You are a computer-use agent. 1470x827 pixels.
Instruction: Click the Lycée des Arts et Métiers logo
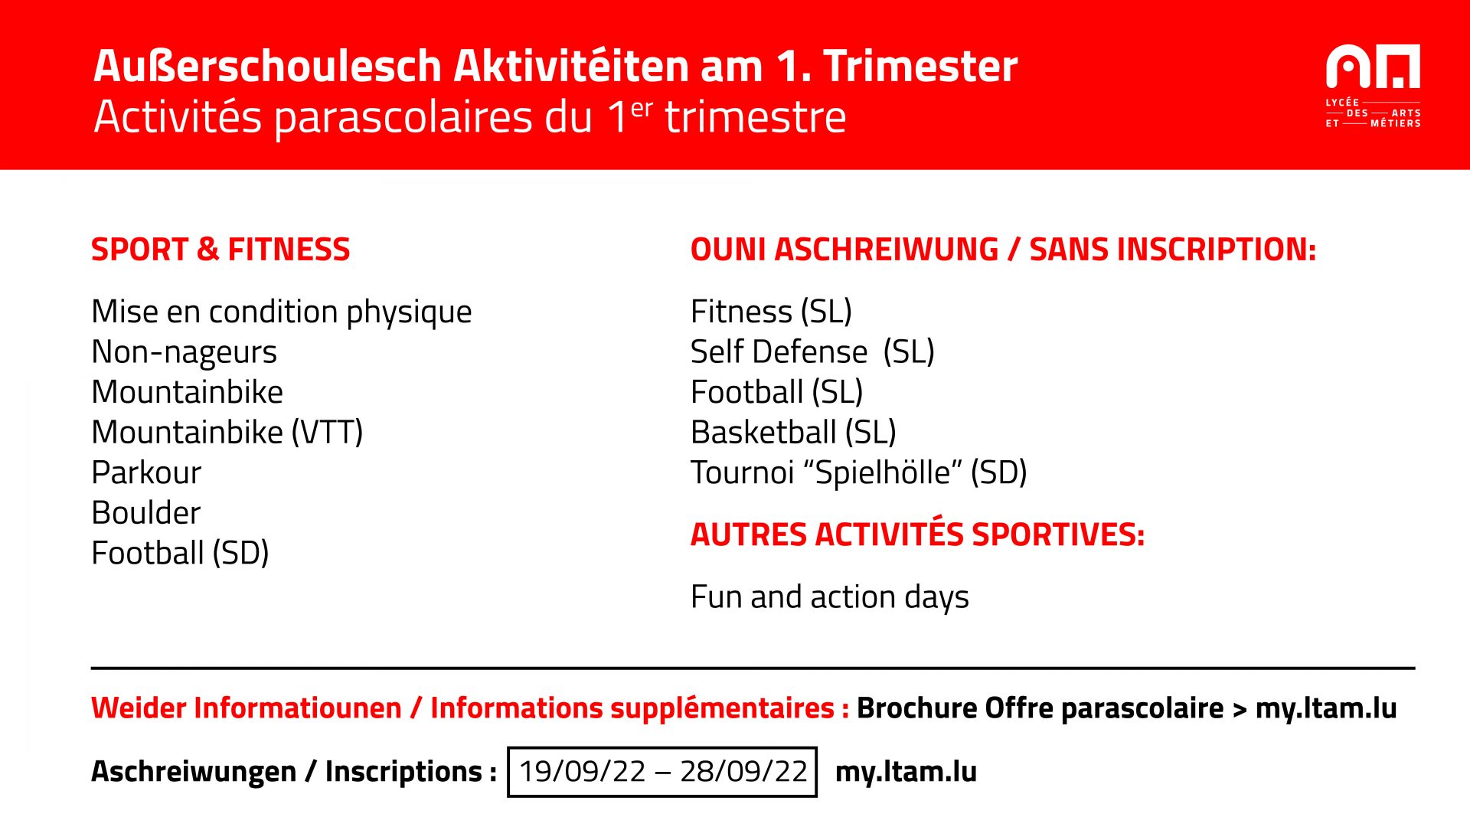pos(1373,86)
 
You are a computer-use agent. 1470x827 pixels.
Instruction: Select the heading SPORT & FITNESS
pos(220,250)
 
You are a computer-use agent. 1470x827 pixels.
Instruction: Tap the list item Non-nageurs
pos(184,352)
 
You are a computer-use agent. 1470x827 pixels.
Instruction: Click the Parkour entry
pos(146,472)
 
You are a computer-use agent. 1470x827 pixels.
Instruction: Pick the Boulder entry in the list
pos(145,512)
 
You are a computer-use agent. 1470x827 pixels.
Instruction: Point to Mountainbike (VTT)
pos(227,433)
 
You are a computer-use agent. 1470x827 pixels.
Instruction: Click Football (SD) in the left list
pos(180,553)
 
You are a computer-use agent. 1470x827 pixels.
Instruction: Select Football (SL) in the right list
pos(776,392)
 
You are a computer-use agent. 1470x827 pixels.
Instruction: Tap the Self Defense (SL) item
pos(812,352)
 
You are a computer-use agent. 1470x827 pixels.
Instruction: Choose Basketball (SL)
pos(793,433)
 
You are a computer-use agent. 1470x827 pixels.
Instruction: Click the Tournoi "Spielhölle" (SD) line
pos(858,472)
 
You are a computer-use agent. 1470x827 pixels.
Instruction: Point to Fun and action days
pos(829,597)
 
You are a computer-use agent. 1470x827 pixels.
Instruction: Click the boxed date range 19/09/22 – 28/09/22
pos(662,772)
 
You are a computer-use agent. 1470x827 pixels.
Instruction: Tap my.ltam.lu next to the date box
pos(906,772)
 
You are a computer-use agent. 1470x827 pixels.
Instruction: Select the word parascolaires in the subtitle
pos(433,119)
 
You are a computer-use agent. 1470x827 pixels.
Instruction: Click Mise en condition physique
pos(281,312)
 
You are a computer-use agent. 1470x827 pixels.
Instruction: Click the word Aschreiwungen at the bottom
pos(194,772)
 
